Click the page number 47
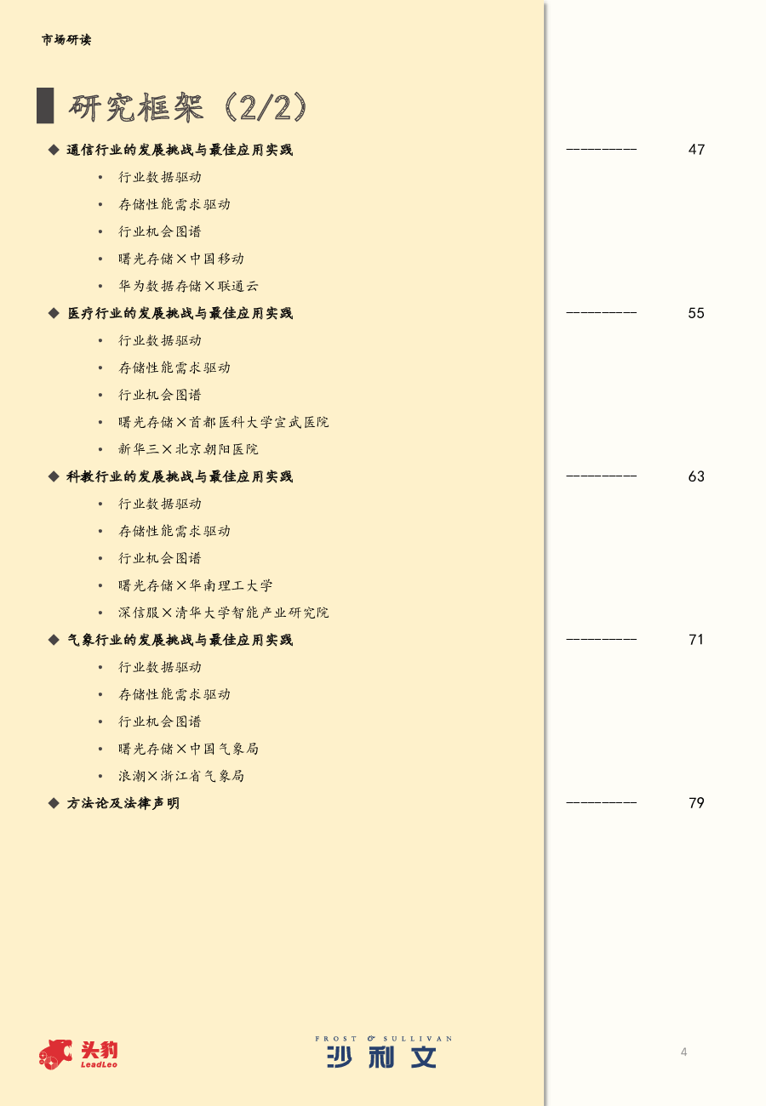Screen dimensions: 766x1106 [696, 149]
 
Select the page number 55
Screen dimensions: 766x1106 [696, 312]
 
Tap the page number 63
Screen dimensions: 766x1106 [696, 476]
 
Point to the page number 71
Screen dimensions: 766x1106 [696, 640]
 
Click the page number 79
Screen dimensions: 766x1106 [696, 803]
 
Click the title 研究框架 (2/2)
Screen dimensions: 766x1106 [188, 106]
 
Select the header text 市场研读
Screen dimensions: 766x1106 [66, 39]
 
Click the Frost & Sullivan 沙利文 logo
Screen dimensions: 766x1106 [383, 1052]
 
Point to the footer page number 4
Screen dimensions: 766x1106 [684, 1052]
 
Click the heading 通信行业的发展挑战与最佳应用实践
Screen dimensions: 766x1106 [180, 150]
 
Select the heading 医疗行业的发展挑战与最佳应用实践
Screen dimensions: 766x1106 [180, 313]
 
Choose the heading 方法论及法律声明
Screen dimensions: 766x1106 [123, 803]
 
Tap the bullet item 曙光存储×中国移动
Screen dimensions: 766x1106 [181, 259]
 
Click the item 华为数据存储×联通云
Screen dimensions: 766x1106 [188, 286]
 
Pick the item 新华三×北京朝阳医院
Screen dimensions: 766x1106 [188, 449]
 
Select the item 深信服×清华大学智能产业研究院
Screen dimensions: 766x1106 [224, 613]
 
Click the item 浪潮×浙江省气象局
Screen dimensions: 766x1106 [181, 776]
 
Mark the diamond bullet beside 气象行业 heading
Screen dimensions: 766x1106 [54, 640]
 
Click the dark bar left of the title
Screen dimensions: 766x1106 [45, 105]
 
